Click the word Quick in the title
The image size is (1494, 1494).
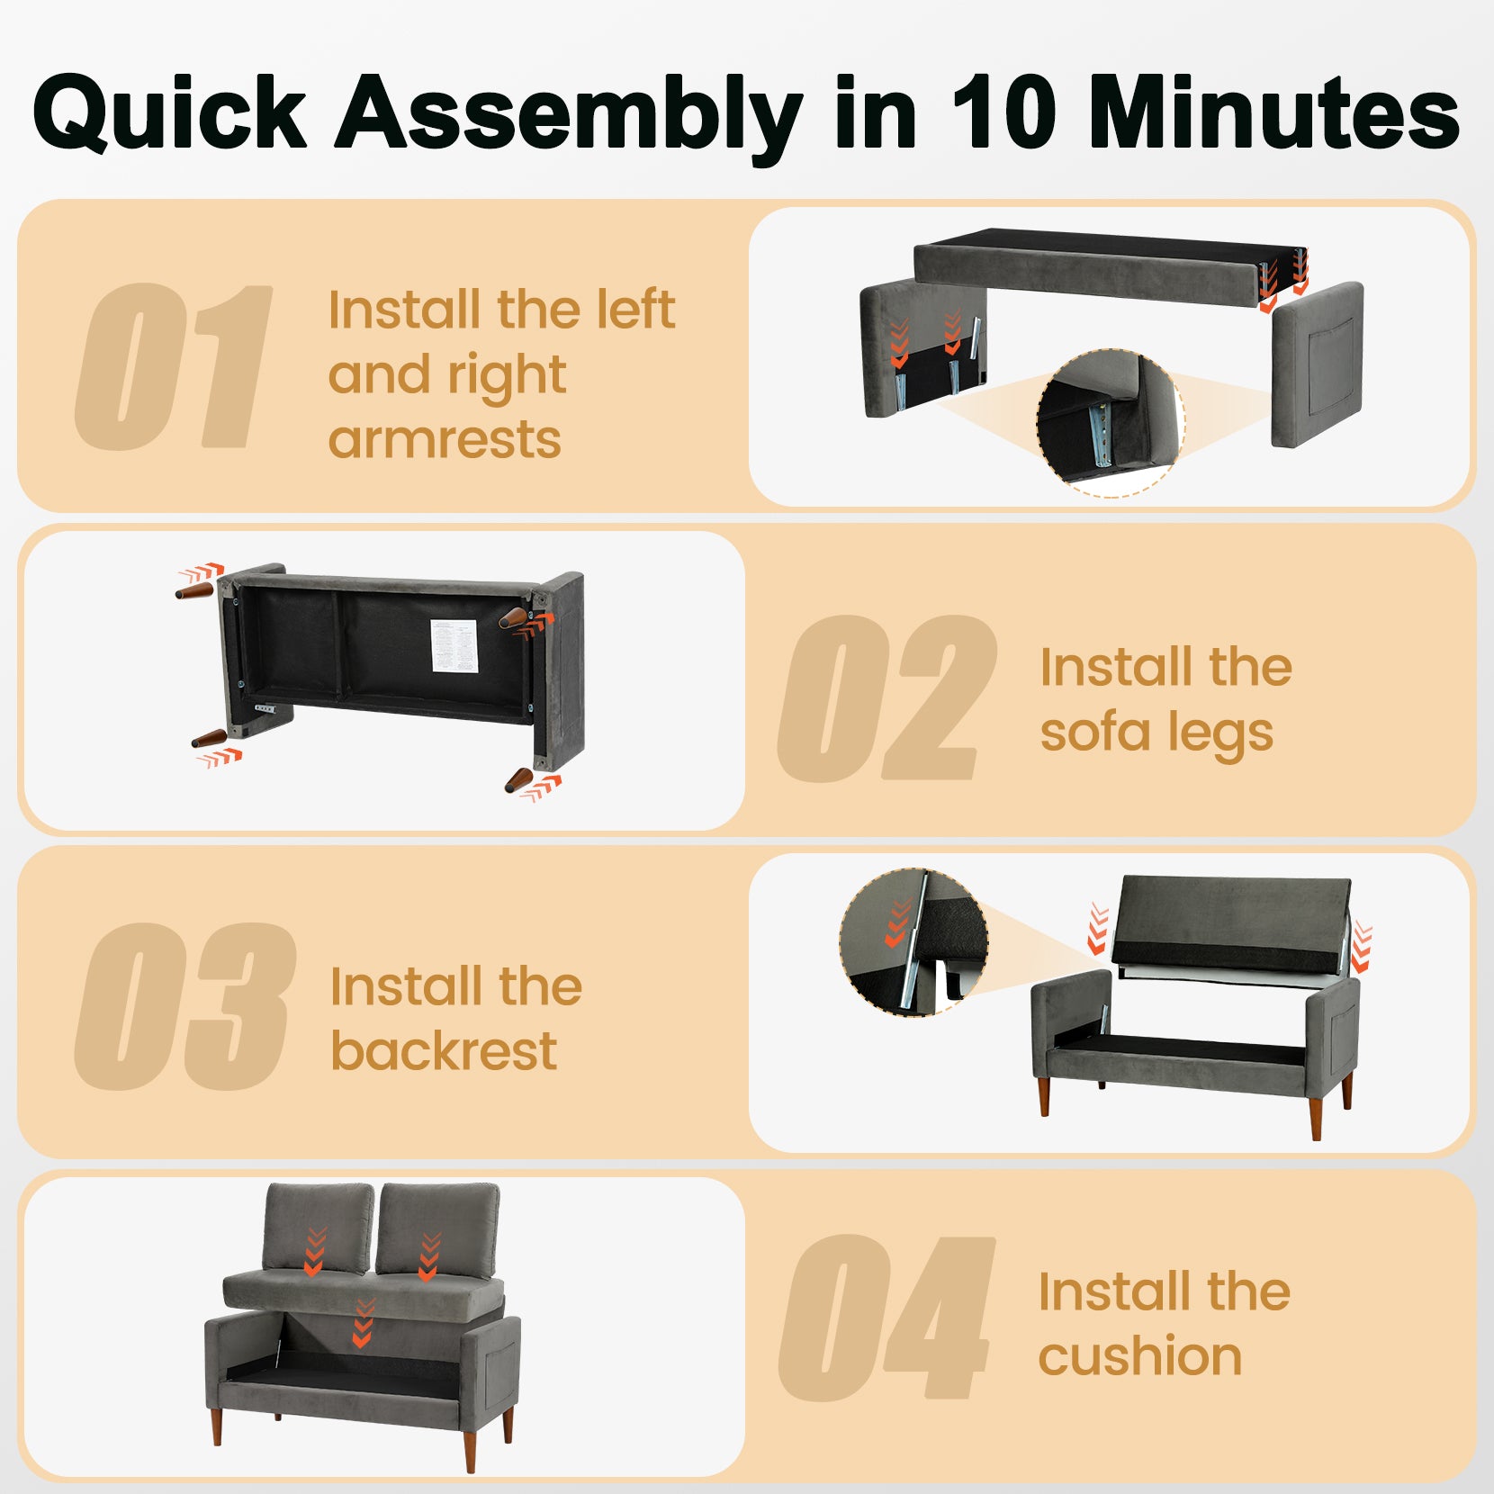pos(170,114)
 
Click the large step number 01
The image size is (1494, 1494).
pos(174,366)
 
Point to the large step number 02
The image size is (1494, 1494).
pos(887,699)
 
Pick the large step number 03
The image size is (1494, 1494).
pos(185,1007)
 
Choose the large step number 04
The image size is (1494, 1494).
pos(886,1318)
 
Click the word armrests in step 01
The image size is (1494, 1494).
pos(445,439)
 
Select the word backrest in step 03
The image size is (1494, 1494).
pos(444,1050)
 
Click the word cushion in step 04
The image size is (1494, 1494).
pos(1139,1355)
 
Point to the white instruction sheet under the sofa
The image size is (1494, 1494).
pos(454,645)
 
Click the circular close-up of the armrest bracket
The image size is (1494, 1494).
pos(1111,424)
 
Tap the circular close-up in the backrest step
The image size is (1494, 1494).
pos(913,942)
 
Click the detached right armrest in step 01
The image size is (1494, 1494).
pos(1318,364)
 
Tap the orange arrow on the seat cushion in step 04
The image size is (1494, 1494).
pos(362,1323)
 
